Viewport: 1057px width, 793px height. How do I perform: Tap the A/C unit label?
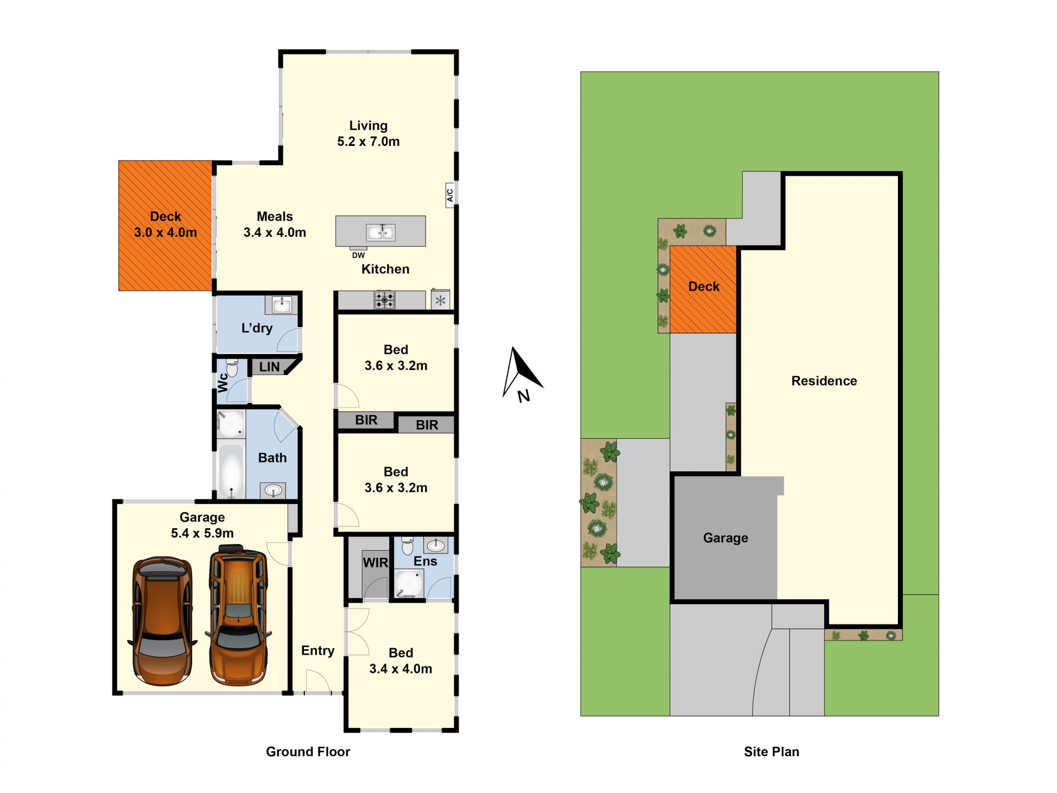[x=450, y=195]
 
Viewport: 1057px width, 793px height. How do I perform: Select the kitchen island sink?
[x=380, y=232]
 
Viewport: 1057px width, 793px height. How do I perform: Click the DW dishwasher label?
[x=358, y=255]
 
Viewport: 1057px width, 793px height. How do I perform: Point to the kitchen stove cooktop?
[x=384, y=300]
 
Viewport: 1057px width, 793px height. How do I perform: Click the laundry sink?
[x=282, y=305]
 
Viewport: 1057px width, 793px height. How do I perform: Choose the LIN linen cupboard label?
[x=269, y=367]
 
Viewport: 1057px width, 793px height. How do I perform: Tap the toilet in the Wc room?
[x=232, y=368]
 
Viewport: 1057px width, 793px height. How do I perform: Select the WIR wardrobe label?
[x=375, y=563]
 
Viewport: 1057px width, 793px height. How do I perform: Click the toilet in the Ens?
[x=407, y=545]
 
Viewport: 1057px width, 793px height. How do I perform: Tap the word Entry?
[x=318, y=651]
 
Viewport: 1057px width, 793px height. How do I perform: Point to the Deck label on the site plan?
[x=704, y=286]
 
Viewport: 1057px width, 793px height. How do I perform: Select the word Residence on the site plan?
[x=824, y=381]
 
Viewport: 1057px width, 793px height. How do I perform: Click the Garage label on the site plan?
[x=726, y=538]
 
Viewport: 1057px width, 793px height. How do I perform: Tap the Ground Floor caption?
[x=308, y=752]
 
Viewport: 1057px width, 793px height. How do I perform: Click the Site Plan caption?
[x=771, y=752]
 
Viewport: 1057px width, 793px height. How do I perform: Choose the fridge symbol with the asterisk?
[x=440, y=300]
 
